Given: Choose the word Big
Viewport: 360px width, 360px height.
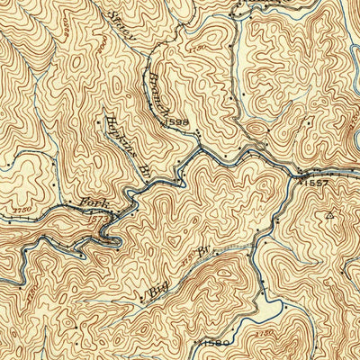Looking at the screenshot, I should [x=158, y=286].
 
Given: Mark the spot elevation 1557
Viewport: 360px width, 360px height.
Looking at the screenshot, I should [x=315, y=183].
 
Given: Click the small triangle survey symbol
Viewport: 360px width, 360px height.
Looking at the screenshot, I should [x=330, y=215].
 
